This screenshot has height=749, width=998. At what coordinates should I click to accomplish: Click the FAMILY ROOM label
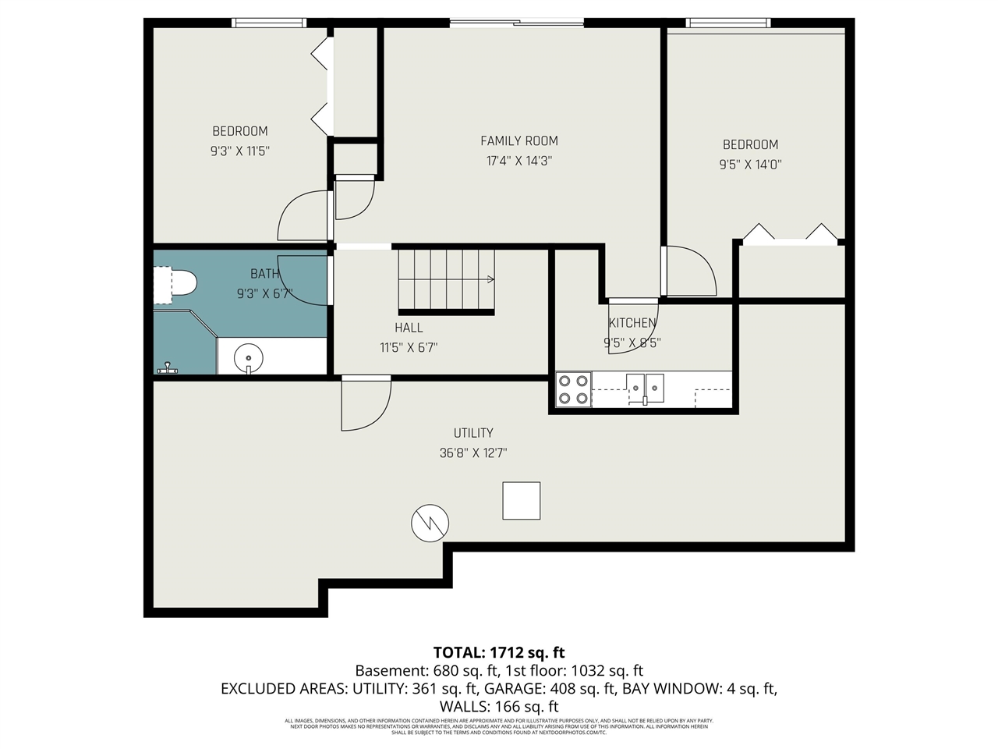click(518, 141)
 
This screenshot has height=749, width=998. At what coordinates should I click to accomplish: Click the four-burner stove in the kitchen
click(573, 389)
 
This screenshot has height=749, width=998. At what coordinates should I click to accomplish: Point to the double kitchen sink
click(645, 388)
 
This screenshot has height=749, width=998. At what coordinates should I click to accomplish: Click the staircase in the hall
click(446, 279)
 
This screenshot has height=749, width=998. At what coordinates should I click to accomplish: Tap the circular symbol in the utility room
click(430, 523)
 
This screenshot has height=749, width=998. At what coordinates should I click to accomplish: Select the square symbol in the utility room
click(521, 500)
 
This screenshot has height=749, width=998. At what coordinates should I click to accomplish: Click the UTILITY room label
click(473, 433)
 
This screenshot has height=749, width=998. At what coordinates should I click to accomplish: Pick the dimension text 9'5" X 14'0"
click(750, 165)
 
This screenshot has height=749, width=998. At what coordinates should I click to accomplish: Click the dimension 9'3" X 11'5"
click(240, 151)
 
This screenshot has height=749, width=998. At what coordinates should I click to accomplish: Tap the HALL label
click(409, 328)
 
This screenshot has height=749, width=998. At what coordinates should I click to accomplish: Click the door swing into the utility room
click(365, 404)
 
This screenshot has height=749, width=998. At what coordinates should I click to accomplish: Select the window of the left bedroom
click(270, 23)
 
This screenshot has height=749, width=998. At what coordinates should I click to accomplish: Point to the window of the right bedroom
click(727, 23)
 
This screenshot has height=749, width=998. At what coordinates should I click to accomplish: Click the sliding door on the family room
click(517, 23)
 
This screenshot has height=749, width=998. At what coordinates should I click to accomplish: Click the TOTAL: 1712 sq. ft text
click(499, 652)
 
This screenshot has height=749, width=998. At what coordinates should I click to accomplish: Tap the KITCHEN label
click(632, 323)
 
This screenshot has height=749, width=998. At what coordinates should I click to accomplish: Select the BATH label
click(264, 274)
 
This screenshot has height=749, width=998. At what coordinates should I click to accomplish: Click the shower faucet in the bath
click(167, 367)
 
